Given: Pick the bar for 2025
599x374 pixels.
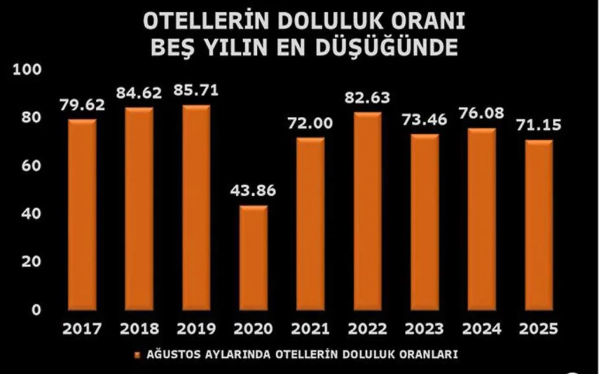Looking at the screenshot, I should click(538, 225).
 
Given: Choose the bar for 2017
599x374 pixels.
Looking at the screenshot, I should click(82, 214).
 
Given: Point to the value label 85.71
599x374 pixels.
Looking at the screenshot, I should click(195, 91).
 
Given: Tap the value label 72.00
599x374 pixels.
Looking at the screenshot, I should click(310, 123).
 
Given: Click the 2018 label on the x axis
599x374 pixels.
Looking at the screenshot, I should click(139, 329).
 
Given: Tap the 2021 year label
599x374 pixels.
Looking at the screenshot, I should click(310, 329).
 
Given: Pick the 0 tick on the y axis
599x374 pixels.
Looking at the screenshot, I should click(37, 310).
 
